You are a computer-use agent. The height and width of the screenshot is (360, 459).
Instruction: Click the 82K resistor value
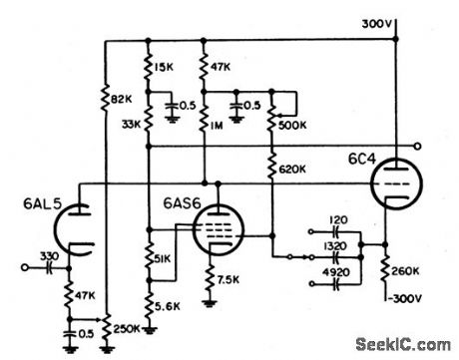(x=124, y=99)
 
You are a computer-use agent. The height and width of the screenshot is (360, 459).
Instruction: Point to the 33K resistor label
(x=130, y=126)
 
